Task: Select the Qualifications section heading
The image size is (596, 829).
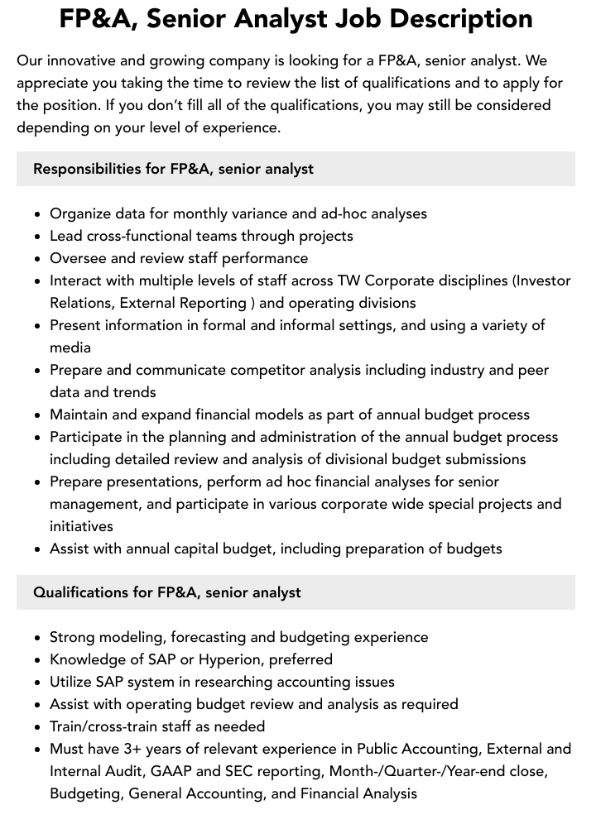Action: (166, 592)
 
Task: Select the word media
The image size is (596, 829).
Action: (70, 347)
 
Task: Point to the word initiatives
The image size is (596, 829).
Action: (81, 526)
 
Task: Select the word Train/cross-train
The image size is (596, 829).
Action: (108, 726)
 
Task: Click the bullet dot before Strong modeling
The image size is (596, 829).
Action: (37, 638)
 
